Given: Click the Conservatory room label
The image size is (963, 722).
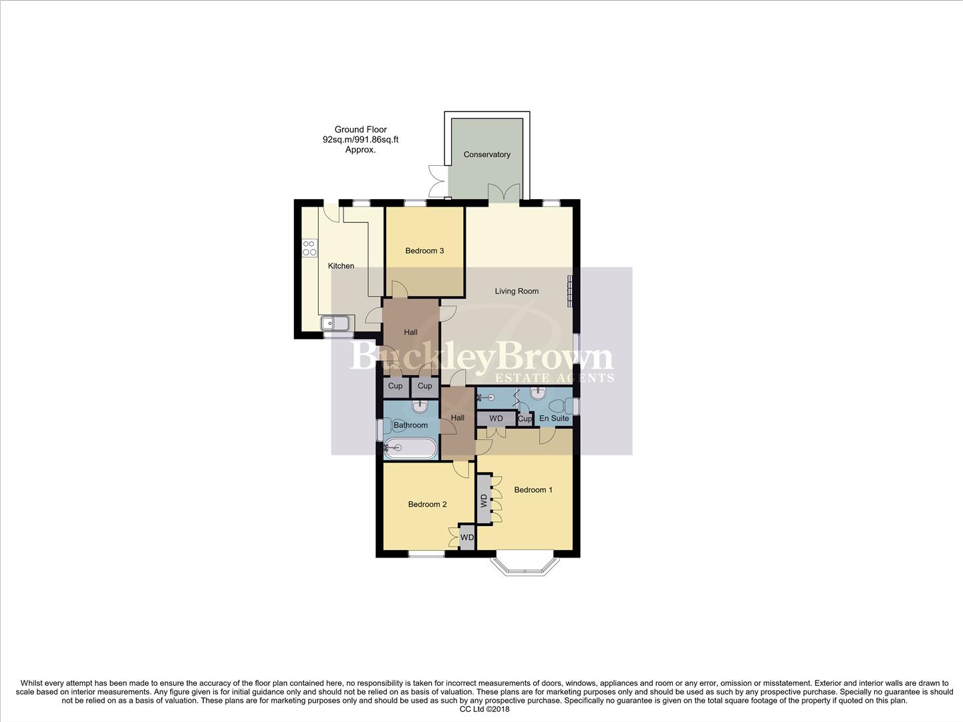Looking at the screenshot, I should [x=487, y=154].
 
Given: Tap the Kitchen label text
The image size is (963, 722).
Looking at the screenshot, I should [x=341, y=266].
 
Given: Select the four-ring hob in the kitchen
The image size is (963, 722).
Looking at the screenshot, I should [x=309, y=248].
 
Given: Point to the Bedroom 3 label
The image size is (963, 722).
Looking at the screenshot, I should [x=424, y=251].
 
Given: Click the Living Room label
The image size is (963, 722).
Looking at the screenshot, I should [x=517, y=291].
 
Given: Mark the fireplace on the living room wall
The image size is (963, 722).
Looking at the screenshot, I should [x=570, y=291].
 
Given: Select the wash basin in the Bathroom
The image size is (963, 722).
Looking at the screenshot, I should [x=420, y=406].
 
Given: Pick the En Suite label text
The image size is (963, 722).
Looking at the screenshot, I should [x=554, y=418].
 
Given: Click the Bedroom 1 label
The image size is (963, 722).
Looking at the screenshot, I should [x=533, y=490].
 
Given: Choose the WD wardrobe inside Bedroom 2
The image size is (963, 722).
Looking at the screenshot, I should [x=466, y=537].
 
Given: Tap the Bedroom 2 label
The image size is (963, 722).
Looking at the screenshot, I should [x=427, y=505].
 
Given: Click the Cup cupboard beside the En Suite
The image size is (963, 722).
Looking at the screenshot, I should [x=525, y=419].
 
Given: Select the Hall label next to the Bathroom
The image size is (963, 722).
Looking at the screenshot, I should [x=457, y=418].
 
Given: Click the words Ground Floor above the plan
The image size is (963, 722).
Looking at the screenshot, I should [x=361, y=130].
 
